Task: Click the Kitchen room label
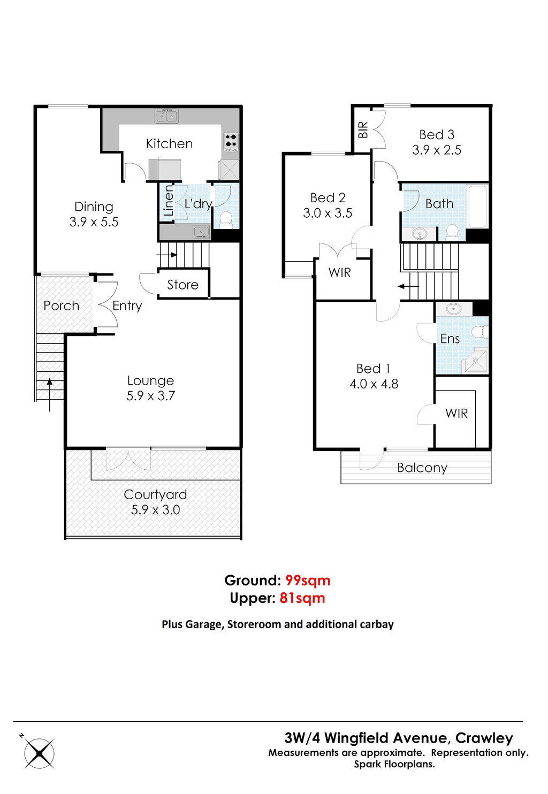click(x=169, y=143)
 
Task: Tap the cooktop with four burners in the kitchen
click(x=231, y=141)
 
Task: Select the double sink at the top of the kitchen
click(x=166, y=116)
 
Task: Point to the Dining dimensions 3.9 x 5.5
click(x=94, y=222)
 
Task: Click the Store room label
click(x=182, y=285)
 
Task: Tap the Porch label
click(x=61, y=306)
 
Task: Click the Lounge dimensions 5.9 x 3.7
click(x=150, y=396)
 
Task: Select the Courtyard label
click(x=155, y=494)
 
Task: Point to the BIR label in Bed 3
click(x=363, y=129)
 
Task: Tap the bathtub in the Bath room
click(x=477, y=206)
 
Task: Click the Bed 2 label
click(x=328, y=197)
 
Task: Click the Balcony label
click(x=422, y=468)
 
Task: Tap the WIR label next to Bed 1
click(x=456, y=413)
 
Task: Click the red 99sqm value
click(x=308, y=581)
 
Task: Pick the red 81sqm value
click(x=302, y=598)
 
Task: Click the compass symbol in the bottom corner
click(x=39, y=753)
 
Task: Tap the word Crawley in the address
click(x=484, y=738)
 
